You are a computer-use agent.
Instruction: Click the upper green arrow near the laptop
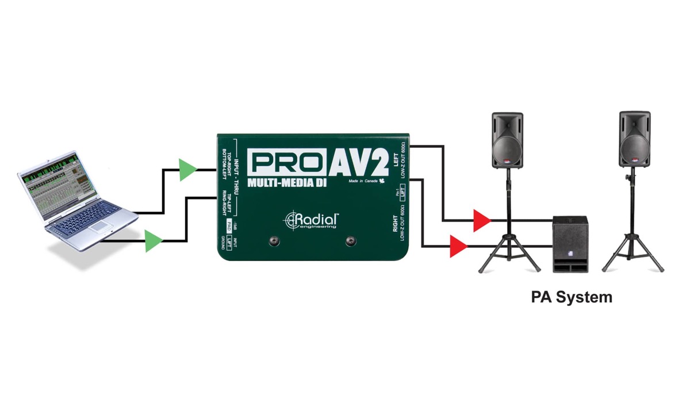(x=186, y=170)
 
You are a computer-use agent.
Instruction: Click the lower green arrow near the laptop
(x=152, y=241)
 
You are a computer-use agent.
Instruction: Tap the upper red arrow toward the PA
(x=480, y=220)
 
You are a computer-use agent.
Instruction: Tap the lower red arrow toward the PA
(x=457, y=247)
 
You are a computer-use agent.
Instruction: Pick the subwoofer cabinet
(x=569, y=244)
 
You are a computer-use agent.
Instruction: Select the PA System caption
(x=571, y=297)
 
